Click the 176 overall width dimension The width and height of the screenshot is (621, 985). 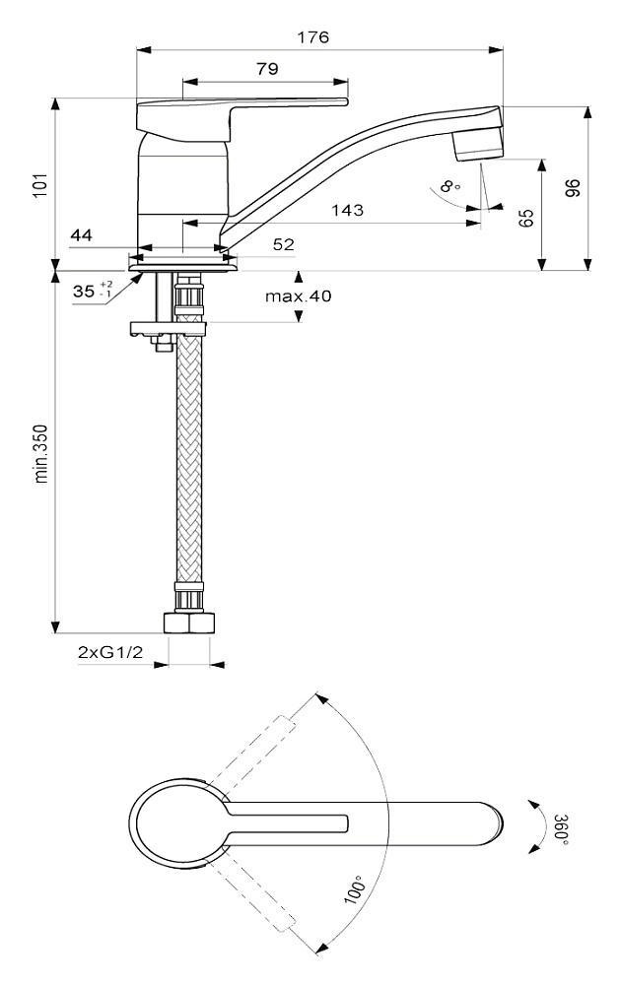coord(316,37)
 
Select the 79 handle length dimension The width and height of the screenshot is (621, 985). coord(266,69)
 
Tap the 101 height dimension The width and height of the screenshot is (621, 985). coord(40,184)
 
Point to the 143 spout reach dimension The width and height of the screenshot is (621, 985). coord(347,210)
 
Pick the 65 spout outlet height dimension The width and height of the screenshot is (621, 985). coord(525,217)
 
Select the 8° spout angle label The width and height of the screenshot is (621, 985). coord(451,185)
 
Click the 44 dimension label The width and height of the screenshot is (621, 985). coord(82,235)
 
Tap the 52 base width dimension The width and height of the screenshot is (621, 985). coord(256,243)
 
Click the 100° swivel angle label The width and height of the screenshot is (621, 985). coord(354,891)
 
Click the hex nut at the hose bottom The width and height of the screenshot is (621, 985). coord(187,623)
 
